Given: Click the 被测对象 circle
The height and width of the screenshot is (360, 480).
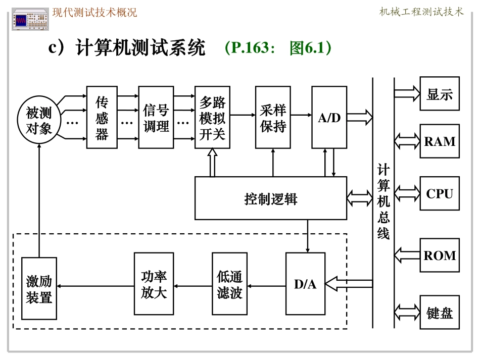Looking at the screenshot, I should coord(39,120).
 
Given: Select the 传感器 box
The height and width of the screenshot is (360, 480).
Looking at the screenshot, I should coord(102,118).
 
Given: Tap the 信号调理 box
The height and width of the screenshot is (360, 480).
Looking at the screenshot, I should coord(156,118).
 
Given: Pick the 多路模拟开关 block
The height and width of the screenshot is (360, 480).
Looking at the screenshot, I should coord(212,118).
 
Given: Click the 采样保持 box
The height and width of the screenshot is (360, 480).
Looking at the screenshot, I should coord(273,118).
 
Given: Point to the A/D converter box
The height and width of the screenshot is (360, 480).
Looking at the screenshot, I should coord(329,118).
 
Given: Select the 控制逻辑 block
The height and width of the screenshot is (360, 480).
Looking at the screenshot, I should coord(271,198).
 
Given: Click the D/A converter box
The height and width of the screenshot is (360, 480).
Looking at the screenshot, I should coord(305,284).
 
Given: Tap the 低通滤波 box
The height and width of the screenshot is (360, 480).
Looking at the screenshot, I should coord(230,284).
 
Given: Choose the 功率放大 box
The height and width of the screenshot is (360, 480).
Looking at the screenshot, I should coord(154,284).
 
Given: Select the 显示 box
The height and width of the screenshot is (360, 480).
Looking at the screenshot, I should coord(440,94).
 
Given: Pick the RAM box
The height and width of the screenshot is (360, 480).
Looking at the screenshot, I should coord(440,141).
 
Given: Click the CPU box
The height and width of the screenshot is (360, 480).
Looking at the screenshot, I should coord(440,193).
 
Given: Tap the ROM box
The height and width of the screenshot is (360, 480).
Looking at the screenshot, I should coord(440,255).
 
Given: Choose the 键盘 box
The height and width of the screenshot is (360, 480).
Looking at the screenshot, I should coord(440,313).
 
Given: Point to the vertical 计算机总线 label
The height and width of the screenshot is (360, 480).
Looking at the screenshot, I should coord(383,202).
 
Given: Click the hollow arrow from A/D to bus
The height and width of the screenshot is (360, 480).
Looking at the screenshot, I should coord(360,118).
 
